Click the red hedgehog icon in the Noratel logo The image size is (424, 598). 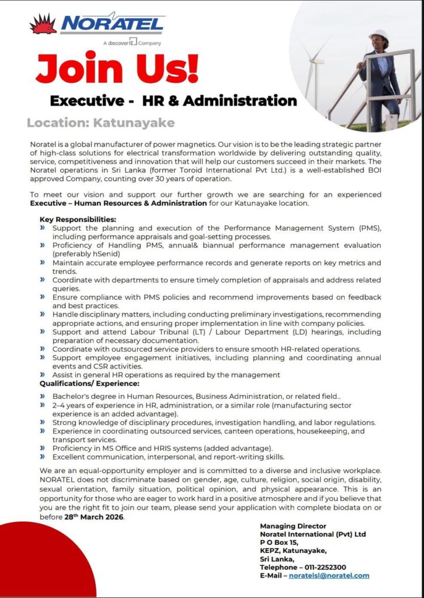[43, 25]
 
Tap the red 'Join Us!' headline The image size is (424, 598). [117, 69]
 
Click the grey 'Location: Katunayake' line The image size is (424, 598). [100, 123]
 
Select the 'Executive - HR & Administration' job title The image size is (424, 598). [173, 100]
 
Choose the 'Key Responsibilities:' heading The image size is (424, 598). [78, 220]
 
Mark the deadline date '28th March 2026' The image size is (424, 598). [93, 517]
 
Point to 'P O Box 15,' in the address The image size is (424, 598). [279, 543]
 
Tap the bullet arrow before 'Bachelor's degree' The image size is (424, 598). [43, 396]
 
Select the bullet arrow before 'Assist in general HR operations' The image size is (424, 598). [43, 374]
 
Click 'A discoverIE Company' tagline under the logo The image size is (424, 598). [131, 43]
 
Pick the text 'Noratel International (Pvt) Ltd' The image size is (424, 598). [312, 534]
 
